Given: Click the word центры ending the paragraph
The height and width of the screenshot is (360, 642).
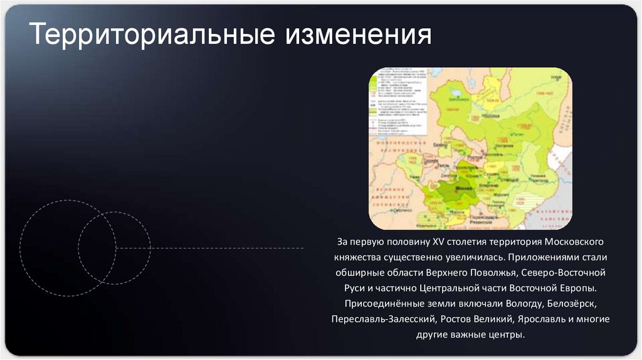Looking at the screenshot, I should (x=505, y=335).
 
